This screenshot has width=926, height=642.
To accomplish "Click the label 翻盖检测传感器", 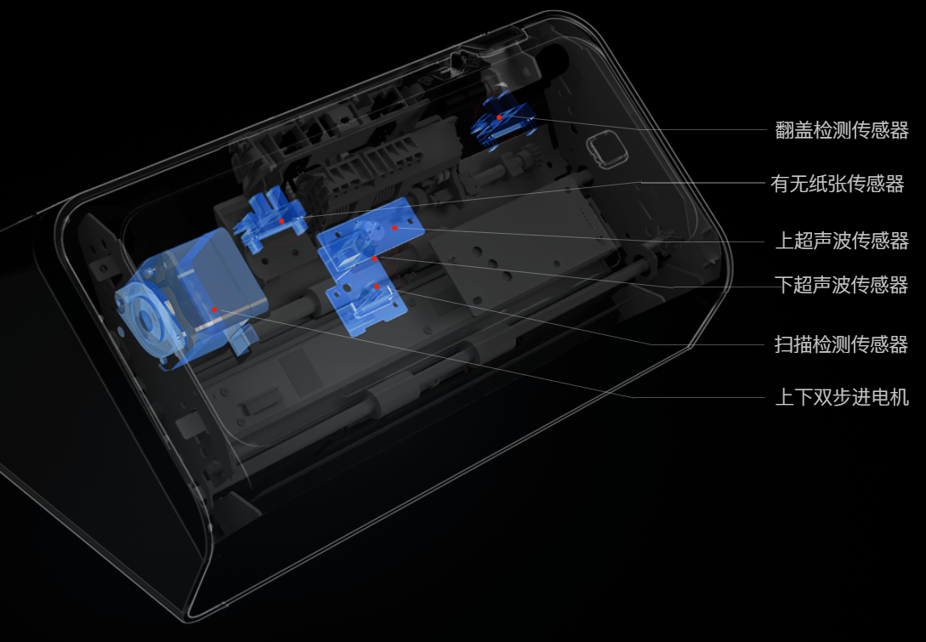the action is pos(842,130).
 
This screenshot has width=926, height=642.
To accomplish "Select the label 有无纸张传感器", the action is pos(838,184).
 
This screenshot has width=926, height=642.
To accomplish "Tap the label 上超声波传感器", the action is pos(842,241).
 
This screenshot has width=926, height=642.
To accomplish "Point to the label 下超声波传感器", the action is pos(842,285).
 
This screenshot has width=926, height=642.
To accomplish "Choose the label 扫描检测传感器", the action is pos(842,344).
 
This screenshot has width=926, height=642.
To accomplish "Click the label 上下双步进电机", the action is pos(842,397).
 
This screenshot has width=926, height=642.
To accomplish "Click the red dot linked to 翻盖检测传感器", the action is pos(499,117).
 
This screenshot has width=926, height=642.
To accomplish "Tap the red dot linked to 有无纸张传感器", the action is pos(281,221).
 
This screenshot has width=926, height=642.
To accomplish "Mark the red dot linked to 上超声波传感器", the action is pos(395,228).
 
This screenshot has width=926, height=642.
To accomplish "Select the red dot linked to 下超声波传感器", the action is pos(374,259).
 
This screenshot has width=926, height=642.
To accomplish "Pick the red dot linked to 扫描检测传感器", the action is pos(376,287).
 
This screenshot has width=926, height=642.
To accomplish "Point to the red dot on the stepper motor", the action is pos(214,310).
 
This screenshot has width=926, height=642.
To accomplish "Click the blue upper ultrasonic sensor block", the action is pos(370,233).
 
